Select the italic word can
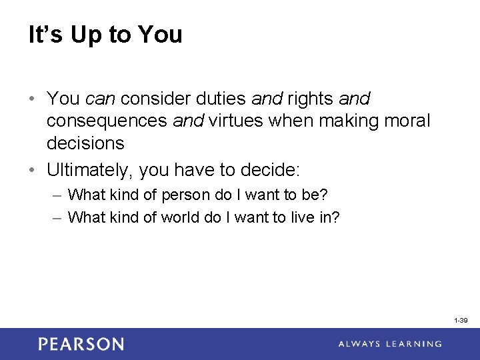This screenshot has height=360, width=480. point(101,99)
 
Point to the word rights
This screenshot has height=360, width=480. point(310,99)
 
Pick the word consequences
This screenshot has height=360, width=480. point(107,121)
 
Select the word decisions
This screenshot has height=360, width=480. point(85,143)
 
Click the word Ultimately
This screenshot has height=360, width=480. point(89,170)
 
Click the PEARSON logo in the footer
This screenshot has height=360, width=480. point(81,344)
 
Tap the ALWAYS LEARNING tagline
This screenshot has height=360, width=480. point(390,344)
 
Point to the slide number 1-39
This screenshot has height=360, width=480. point(461,321)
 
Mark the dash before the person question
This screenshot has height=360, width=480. point(57,195)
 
